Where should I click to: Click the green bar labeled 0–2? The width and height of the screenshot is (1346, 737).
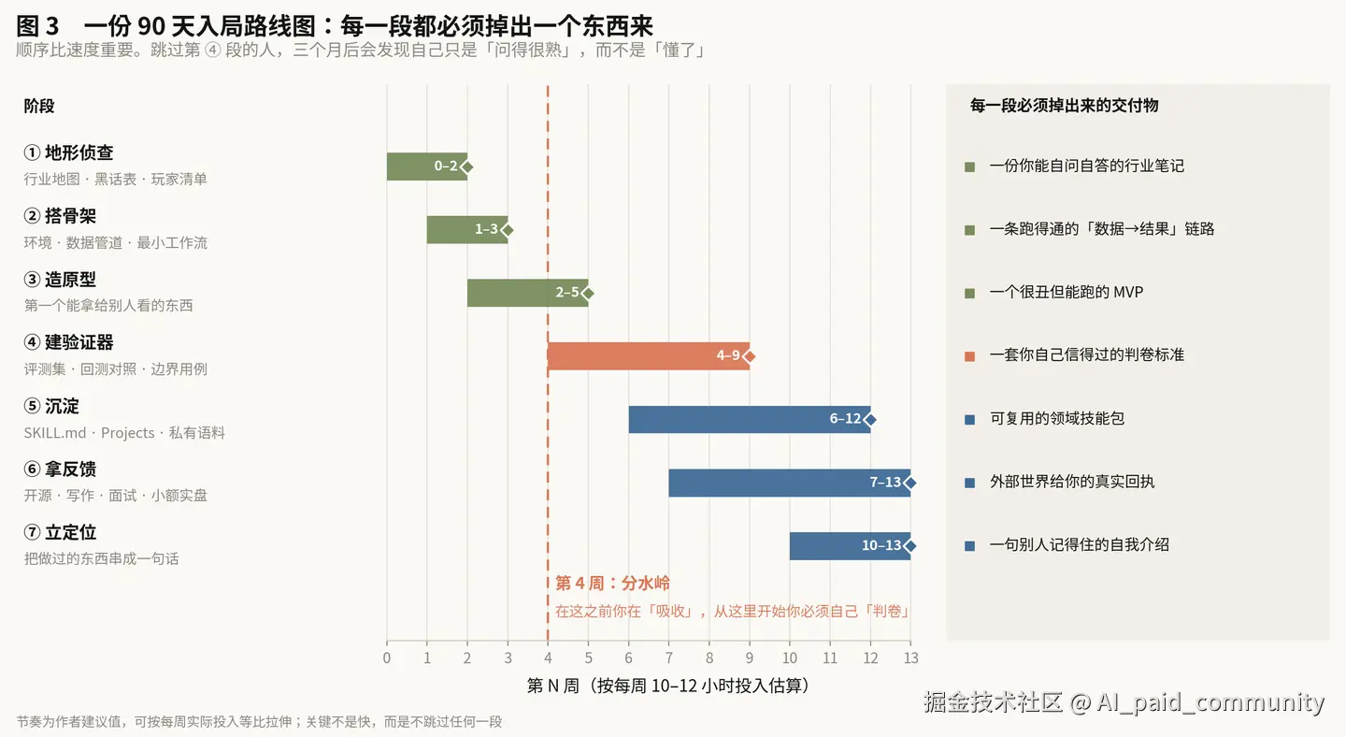[426, 166]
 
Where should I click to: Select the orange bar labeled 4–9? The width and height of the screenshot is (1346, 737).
[649, 356]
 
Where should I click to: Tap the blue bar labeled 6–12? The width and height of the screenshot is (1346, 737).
[750, 419]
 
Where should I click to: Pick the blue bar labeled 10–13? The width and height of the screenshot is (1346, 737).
[850, 546]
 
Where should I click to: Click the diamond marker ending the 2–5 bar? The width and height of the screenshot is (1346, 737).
[588, 294]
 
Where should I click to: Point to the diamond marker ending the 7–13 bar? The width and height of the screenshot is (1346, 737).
[910, 483]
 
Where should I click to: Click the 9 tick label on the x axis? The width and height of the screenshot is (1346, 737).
[750, 658]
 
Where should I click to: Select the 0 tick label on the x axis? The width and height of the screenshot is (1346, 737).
[386, 658]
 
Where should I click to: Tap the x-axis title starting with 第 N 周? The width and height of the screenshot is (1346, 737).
[668, 686]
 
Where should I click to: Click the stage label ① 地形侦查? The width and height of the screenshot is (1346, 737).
[68, 152]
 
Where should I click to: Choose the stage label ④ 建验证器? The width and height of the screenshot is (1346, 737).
[68, 342]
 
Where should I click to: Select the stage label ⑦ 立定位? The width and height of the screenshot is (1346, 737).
[60, 532]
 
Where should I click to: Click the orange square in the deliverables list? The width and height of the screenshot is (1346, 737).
[969, 356]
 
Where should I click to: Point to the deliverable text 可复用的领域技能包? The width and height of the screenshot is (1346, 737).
[1057, 418]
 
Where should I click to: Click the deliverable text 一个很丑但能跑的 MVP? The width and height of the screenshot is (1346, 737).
[1066, 292]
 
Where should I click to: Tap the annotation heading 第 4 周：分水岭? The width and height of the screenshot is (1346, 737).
[612, 583]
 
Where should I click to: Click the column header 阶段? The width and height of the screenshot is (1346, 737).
[39, 107]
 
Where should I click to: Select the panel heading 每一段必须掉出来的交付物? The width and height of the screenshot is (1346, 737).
[1064, 106]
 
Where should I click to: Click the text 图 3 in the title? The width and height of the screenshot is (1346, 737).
[37, 26]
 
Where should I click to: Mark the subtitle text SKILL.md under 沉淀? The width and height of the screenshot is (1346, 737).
[54, 433]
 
